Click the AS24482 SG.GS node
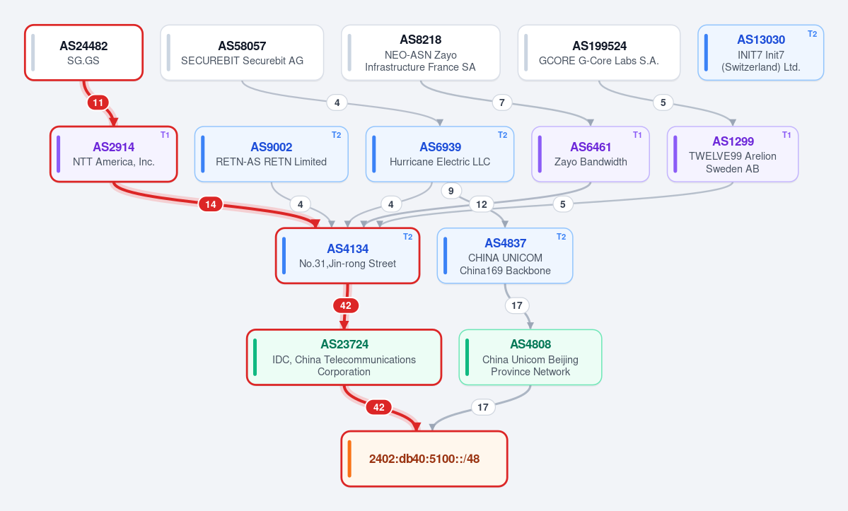click(x=84, y=52)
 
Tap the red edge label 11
click(x=98, y=102)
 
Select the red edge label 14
click(x=210, y=204)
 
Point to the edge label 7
click(x=502, y=102)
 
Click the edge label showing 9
click(x=451, y=191)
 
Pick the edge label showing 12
click(x=482, y=204)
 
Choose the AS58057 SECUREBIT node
click(x=242, y=52)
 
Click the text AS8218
click(x=421, y=40)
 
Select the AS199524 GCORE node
click(x=598, y=52)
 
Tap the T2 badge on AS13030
click(x=813, y=33)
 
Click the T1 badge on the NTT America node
click(x=165, y=135)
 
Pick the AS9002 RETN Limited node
click(x=272, y=154)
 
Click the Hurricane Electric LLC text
click(x=440, y=162)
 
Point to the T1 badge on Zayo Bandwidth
click(x=637, y=135)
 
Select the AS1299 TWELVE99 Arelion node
click(x=733, y=154)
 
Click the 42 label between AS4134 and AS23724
click(x=346, y=306)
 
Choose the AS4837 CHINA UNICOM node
click(x=505, y=256)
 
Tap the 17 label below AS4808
click(x=483, y=407)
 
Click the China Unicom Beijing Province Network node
click(x=530, y=357)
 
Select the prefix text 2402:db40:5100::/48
click(x=424, y=459)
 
